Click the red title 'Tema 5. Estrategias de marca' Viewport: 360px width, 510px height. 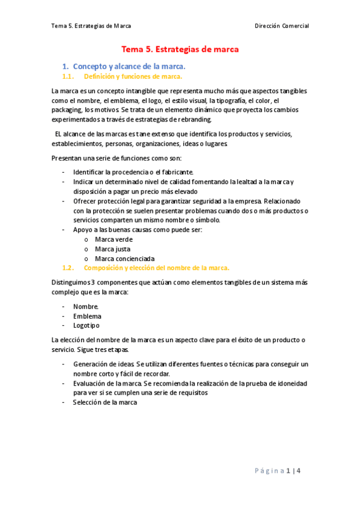[x=180, y=49]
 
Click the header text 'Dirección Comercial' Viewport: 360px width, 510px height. [x=281, y=26]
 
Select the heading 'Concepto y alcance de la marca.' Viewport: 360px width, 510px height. [x=129, y=66]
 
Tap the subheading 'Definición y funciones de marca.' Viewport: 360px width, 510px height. [x=133, y=76]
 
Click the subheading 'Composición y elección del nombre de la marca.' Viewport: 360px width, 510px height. [x=156, y=268]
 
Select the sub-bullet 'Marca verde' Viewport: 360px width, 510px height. [x=114, y=239]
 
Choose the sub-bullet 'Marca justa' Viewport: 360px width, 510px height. [x=112, y=248]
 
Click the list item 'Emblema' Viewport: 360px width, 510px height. [x=87, y=316]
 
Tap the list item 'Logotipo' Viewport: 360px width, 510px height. [x=87, y=325]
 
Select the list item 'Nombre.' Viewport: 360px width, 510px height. [x=86, y=306]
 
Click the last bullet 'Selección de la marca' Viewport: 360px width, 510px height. [x=105, y=402]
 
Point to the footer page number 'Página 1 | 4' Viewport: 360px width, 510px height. [x=285, y=470]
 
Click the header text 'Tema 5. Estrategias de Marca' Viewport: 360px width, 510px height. [x=91, y=26]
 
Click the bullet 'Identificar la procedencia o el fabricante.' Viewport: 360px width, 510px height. [x=133, y=172]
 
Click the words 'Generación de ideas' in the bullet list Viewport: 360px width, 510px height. [x=103, y=364]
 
